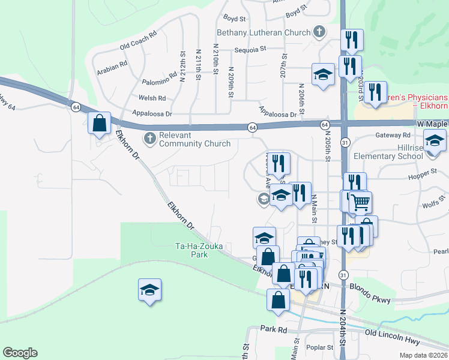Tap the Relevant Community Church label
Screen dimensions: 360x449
point(194,139)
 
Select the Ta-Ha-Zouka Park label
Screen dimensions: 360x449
point(191,250)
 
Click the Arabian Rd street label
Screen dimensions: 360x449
point(112,67)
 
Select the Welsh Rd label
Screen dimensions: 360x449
point(152,98)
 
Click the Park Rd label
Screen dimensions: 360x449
point(274,329)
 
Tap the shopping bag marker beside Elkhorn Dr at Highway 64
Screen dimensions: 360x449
point(99,123)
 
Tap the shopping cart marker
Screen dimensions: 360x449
point(360,202)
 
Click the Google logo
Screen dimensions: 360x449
point(20,353)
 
